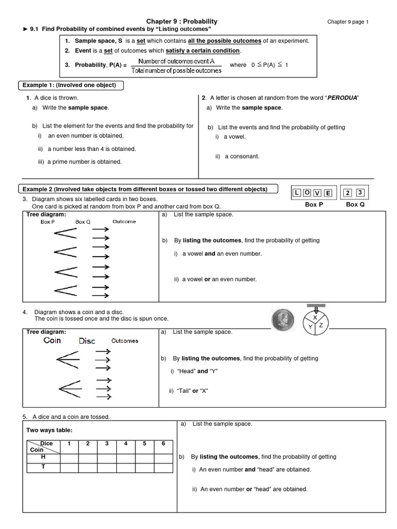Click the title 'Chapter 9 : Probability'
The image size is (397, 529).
click(x=182, y=21)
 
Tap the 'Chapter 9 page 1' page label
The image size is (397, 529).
click(x=348, y=22)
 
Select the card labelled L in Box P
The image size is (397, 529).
click(x=297, y=193)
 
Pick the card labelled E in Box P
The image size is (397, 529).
click(x=328, y=193)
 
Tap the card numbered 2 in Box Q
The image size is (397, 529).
click(x=348, y=193)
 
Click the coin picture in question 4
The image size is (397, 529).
click(x=283, y=318)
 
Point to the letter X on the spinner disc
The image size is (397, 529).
click(x=315, y=318)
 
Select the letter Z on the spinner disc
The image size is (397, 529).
click(x=320, y=325)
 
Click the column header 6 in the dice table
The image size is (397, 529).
click(x=163, y=444)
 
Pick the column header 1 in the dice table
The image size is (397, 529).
click(x=69, y=444)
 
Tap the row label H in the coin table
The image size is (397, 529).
click(x=43, y=457)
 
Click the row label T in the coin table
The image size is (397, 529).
click(x=43, y=466)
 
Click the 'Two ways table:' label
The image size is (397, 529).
click(x=50, y=430)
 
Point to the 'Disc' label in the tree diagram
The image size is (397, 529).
click(x=87, y=341)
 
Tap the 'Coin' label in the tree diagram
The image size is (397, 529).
click(x=52, y=340)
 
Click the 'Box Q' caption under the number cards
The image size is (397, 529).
click(x=355, y=205)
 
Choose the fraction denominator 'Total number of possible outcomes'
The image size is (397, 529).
click(x=177, y=70)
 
